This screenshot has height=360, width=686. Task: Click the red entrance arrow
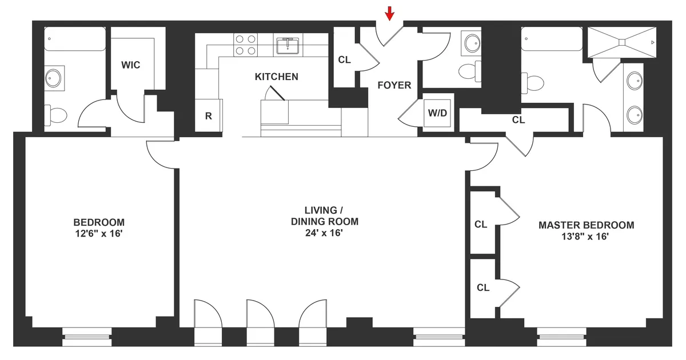(x=389, y=13)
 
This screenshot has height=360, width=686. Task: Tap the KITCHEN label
(x=276, y=77)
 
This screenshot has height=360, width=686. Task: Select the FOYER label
(x=394, y=85)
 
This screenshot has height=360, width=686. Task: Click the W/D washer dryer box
(x=437, y=113)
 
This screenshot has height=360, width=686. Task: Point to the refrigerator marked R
(x=209, y=116)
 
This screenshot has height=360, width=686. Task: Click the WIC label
(x=130, y=65)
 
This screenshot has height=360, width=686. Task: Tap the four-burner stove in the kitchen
(x=246, y=45)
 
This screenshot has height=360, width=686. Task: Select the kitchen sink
(x=288, y=45)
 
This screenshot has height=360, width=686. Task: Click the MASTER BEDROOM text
(x=586, y=225)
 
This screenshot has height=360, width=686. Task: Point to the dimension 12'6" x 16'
(x=99, y=234)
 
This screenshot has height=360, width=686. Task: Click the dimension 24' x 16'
(x=323, y=233)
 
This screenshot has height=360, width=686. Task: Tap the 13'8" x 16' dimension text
(x=586, y=236)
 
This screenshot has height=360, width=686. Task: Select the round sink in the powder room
(x=472, y=42)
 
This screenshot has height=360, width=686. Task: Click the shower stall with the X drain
(x=621, y=42)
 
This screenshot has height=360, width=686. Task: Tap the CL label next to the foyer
(x=344, y=59)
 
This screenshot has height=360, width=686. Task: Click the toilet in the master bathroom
(x=534, y=83)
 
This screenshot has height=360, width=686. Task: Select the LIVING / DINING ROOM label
(x=323, y=216)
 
